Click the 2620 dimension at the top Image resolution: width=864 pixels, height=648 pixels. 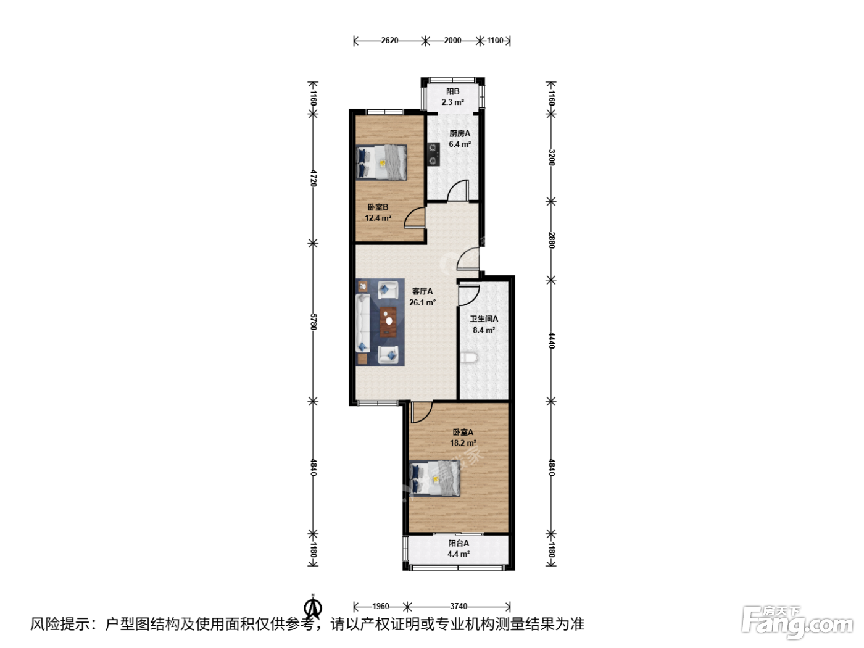(389, 40)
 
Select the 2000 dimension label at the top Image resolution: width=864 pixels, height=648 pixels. (452, 40)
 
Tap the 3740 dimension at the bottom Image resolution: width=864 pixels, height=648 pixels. (459, 606)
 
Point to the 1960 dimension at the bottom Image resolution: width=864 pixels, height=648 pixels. (381, 606)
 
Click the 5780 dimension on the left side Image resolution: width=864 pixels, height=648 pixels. (314, 322)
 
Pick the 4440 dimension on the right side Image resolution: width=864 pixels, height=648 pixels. (552, 340)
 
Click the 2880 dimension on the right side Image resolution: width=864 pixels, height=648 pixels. (552, 240)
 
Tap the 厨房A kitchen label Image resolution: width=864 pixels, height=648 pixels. (460, 133)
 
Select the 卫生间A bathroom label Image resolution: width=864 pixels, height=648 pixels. (484, 318)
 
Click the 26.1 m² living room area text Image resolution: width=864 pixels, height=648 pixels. (422, 302)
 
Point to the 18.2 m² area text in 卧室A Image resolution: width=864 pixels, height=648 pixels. (463, 442)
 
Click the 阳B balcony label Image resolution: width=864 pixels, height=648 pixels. (452, 91)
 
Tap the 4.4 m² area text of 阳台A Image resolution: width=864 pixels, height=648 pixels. (459, 554)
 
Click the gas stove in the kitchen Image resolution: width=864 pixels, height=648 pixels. (434, 154)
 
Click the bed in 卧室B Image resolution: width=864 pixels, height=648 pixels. (381, 162)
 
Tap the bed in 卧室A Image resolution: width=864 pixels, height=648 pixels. (435, 479)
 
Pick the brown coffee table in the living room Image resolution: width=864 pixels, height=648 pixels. (388, 322)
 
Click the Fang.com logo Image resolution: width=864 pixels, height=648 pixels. (797, 623)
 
